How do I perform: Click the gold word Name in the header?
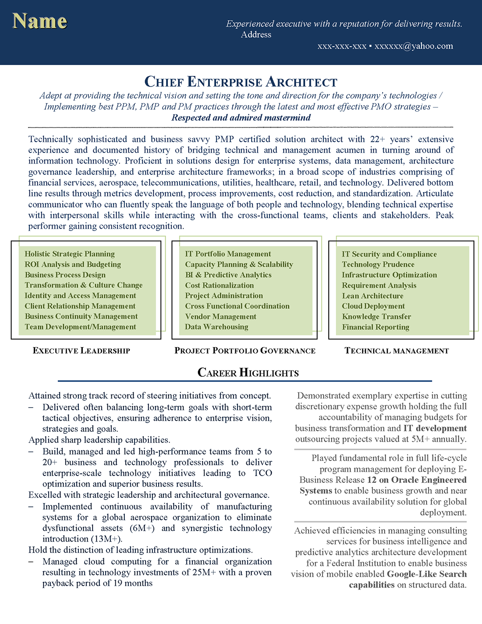tap(40, 21)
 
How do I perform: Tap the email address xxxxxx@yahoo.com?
tap(413, 46)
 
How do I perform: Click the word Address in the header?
tap(256, 35)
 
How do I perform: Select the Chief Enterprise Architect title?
tap(241, 82)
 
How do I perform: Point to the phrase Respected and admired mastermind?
tap(241, 118)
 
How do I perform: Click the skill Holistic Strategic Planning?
tap(69, 254)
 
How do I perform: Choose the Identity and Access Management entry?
tap(80, 296)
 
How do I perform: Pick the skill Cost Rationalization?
tap(219, 285)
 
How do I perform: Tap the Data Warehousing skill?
tap(216, 327)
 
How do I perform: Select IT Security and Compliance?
tap(389, 254)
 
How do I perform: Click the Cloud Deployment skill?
tap(373, 306)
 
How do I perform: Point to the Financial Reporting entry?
tap(376, 327)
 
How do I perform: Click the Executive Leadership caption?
tap(82, 351)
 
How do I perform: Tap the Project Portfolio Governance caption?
tap(245, 351)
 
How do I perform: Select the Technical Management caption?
tap(396, 351)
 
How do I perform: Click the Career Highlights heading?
tap(248, 373)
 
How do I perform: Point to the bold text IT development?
tap(435, 428)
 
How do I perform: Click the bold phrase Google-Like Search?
tap(427, 574)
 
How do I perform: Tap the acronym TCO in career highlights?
tap(262, 473)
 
